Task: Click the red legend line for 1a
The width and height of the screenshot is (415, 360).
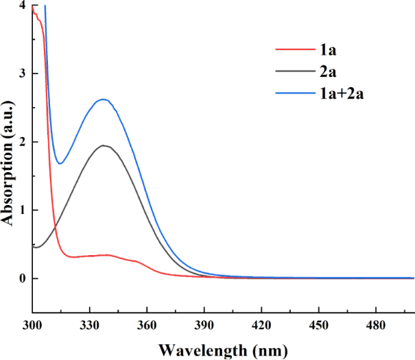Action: (x=294, y=49)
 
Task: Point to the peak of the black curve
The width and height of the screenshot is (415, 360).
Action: (x=104, y=145)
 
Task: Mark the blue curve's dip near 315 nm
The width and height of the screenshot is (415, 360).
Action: (x=60, y=163)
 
